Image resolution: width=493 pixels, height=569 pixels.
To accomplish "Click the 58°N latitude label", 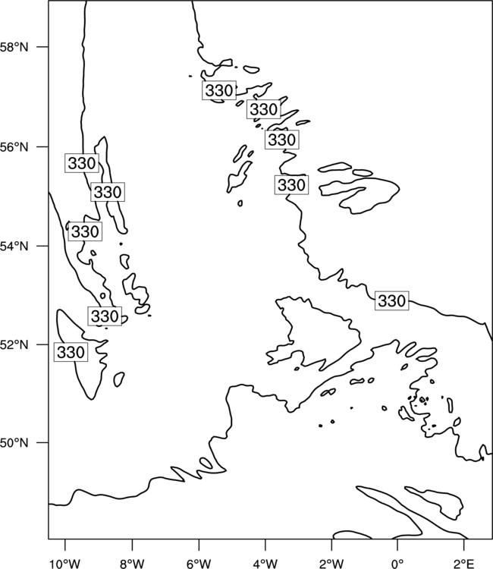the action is [x=14, y=47].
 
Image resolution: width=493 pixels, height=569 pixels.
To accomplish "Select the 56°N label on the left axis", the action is [x=14, y=147].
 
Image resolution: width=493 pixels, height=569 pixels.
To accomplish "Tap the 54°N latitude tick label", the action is [x=14, y=247].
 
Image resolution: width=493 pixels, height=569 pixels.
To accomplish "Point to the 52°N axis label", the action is [x=14, y=344].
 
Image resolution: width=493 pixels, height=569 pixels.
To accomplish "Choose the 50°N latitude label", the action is [x=14, y=443].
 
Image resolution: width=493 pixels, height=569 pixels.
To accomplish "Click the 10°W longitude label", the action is [x=65, y=564].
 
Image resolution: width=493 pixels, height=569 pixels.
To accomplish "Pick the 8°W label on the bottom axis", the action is [x=132, y=564].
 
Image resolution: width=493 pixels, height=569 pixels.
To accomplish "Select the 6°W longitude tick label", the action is [x=199, y=564].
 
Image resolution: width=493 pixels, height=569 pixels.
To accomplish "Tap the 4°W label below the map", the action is [x=265, y=564].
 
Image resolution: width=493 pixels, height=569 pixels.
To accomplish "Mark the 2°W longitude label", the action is [x=331, y=564].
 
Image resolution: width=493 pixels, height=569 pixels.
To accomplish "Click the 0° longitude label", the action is [x=397, y=564].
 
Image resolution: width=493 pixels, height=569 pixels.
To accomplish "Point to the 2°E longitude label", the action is [x=464, y=564].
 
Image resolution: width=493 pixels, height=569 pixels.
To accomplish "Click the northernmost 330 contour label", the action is [x=219, y=90].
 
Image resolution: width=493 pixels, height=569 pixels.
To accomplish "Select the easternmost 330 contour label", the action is [x=392, y=301].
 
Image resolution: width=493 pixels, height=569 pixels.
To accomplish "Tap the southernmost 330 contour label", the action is [x=71, y=352].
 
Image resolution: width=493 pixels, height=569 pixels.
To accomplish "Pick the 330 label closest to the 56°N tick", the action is [x=82, y=163].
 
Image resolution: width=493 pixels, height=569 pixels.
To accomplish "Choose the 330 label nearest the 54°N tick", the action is [x=85, y=231].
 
